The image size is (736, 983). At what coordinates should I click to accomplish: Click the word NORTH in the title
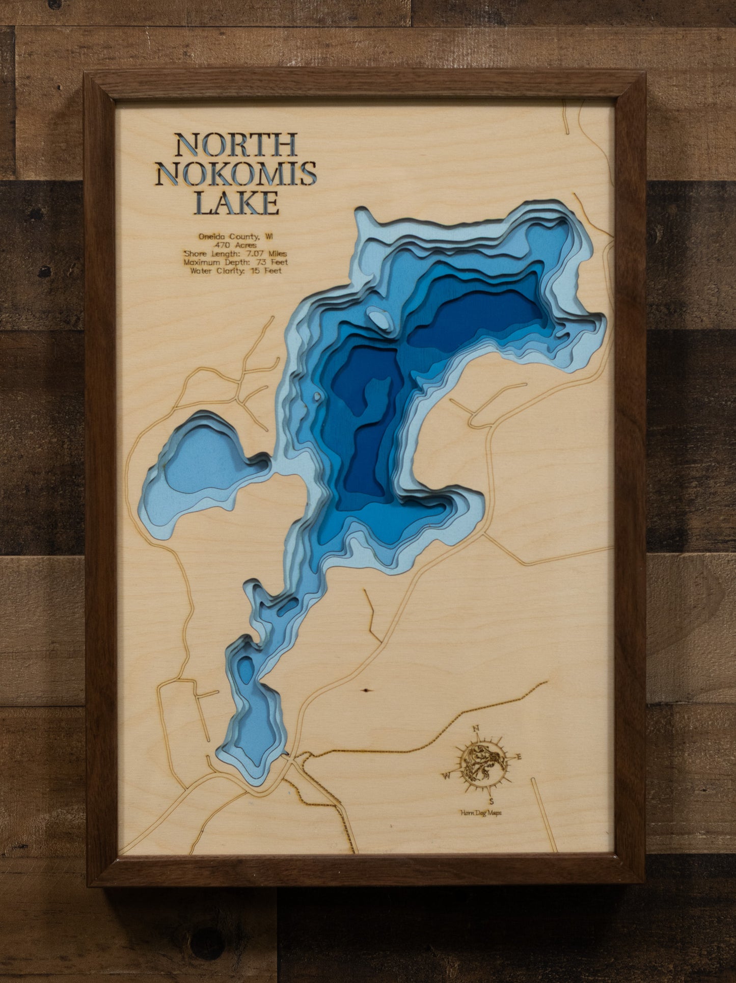click(236, 145)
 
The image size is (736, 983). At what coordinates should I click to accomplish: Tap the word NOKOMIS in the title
click(236, 174)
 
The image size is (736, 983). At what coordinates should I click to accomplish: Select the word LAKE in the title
click(236, 203)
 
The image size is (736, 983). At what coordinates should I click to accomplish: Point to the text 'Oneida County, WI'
click(236, 236)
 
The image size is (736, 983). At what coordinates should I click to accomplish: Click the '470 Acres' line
click(236, 245)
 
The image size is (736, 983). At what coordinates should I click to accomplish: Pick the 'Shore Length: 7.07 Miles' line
click(236, 254)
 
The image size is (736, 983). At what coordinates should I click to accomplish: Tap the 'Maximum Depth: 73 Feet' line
click(236, 262)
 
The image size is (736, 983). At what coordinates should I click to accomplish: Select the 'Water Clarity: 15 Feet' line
click(236, 271)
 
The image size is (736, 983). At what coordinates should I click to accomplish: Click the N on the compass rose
click(477, 729)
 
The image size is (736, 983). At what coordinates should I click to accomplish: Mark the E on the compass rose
click(519, 757)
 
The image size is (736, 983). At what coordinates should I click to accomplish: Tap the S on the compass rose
click(492, 801)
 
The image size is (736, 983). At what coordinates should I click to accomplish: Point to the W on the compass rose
click(446, 776)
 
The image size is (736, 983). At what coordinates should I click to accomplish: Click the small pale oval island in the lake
click(380, 319)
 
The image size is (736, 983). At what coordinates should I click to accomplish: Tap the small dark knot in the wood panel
click(366, 690)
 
